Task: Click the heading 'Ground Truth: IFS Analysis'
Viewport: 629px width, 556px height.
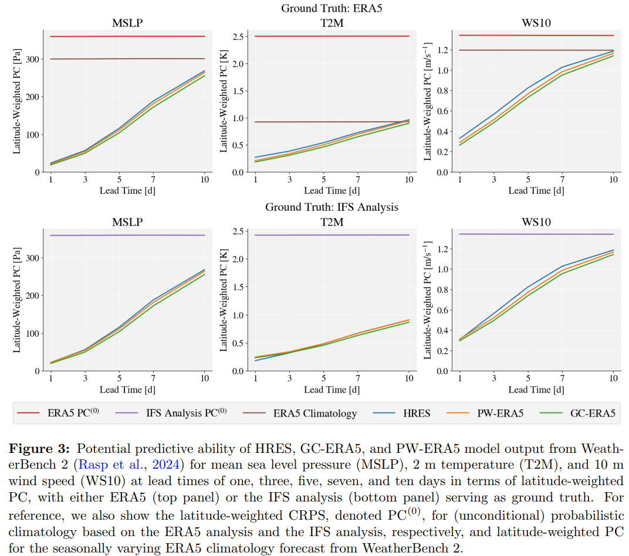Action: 332,207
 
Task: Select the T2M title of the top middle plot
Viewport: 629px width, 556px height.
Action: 332,23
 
